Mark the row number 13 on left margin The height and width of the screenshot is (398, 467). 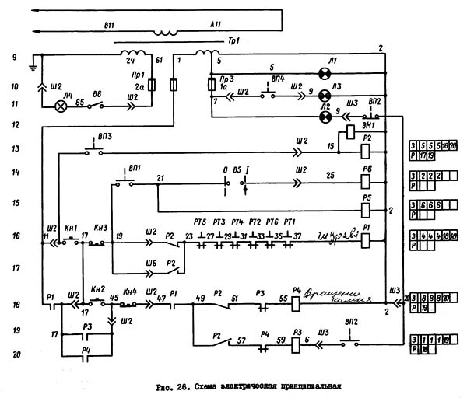tap(14, 148)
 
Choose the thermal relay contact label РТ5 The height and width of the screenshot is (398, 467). tap(189, 222)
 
